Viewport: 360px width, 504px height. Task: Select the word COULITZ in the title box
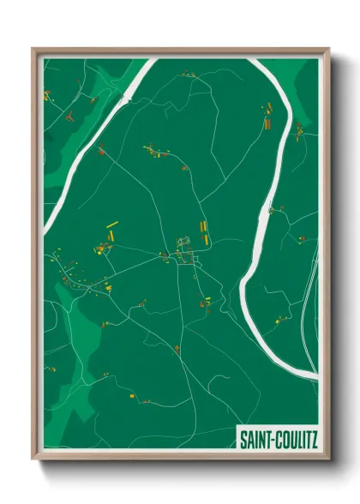[x=296, y=441]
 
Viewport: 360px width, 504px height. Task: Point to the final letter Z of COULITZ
[x=314, y=441]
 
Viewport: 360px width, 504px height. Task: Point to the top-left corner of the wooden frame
[x=34, y=50]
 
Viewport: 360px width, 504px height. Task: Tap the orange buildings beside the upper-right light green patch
[x=298, y=131]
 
